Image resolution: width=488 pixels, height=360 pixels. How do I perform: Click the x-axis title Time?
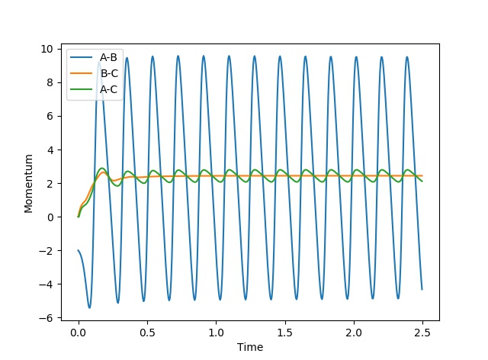tap(250, 347)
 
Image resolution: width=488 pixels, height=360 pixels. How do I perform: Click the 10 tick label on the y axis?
tap(47, 49)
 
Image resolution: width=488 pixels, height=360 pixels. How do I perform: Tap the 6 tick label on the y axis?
tap(50, 116)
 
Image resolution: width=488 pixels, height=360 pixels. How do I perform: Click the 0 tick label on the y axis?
tap(50, 217)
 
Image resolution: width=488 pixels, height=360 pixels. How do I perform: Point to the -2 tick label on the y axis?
tap(47, 250)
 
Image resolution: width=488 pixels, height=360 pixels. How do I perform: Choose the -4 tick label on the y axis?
tap(47, 284)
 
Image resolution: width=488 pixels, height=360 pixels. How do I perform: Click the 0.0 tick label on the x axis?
tap(79, 333)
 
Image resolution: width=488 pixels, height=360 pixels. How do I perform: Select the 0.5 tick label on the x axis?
tap(147, 333)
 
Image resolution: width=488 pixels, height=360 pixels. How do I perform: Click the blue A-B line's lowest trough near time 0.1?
tap(89, 307)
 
